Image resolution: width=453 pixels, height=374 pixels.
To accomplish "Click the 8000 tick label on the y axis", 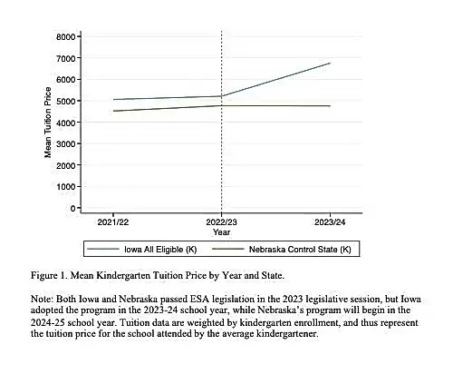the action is coord(65,37).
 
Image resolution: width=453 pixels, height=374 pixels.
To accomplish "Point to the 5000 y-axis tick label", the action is coord(65,101).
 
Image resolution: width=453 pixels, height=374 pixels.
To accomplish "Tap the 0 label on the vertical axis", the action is coord(72,209).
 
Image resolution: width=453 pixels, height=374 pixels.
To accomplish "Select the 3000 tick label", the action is coord(65,144).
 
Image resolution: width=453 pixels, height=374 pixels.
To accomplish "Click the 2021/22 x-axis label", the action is coord(113,222).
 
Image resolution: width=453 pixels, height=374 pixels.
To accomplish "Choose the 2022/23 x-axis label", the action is coord(221,222).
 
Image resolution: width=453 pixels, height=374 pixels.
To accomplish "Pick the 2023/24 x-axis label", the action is coord(330,222).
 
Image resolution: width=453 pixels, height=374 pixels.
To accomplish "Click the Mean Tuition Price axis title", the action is coord(48,123).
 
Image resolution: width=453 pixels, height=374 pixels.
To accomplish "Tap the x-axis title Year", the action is coord(221,232).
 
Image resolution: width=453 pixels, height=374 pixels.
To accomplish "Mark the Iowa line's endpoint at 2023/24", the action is coord(330,64).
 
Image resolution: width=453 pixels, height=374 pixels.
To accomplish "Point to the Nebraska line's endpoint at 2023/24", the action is coord(330,106).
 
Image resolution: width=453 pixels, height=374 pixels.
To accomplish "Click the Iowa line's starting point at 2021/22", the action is coord(113,100).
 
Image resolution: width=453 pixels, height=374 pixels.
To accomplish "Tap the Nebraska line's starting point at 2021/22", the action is coord(113,111).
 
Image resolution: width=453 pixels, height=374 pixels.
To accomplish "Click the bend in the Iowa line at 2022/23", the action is coord(222,96).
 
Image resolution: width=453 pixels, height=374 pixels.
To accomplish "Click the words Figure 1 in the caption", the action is coord(48,276).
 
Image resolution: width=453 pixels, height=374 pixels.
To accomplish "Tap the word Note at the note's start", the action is coord(42,299).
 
